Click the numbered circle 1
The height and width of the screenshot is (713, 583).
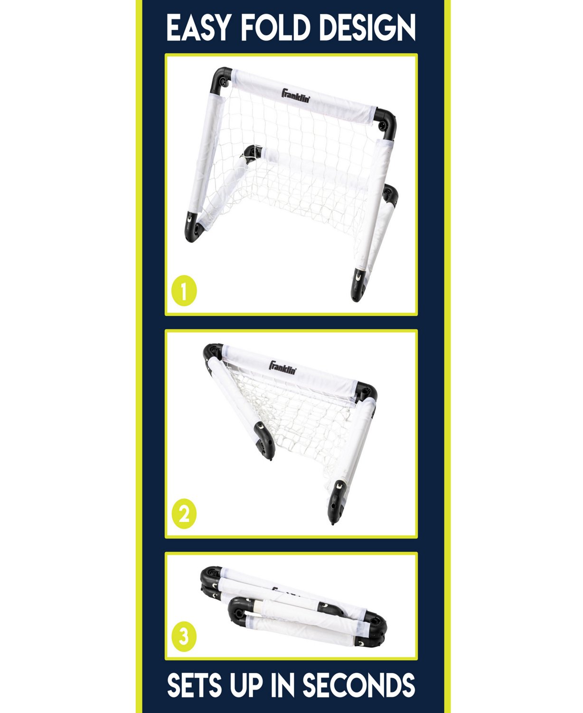point(184,292)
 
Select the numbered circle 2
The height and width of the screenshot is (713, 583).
point(184,514)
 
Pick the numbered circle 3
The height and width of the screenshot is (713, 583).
point(184,635)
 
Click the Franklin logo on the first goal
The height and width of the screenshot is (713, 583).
point(296,95)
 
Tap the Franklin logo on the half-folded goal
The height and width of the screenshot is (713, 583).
point(283,367)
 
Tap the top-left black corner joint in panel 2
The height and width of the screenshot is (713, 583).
point(213,353)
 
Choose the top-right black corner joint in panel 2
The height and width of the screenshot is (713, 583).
point(367,392)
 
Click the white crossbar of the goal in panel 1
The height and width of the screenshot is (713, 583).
point(304,97)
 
